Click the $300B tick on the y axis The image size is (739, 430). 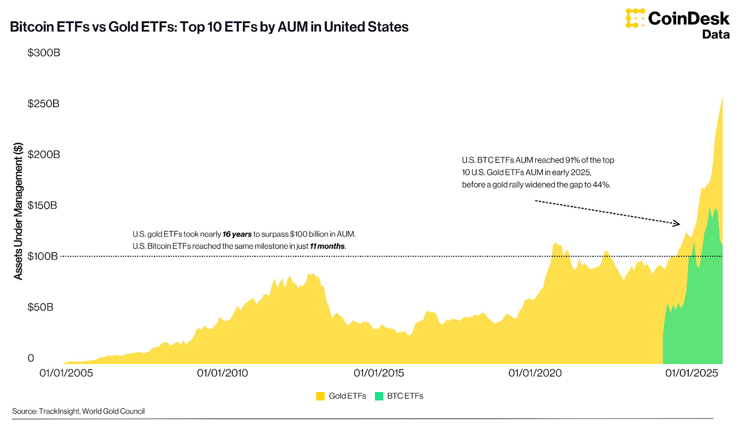pos(44,53)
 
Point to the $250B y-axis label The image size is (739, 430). pos(43,103)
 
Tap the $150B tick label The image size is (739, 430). pos(42,205)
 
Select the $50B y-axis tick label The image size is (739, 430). pos(41,307)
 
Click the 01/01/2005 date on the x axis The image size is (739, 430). pos(66,373)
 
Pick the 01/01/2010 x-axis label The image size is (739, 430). pos(222,373)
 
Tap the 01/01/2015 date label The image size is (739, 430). pos(379,373)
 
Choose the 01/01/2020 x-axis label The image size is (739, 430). pos(535,373)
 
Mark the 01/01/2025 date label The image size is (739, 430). pos(691,373)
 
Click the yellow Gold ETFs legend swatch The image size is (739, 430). pos(320,396)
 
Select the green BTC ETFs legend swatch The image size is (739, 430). pos(379,396)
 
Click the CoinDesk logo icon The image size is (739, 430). pos(635,18)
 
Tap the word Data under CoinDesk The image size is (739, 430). pos(715,35)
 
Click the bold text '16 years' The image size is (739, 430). pos(237,235)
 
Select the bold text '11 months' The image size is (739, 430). pos(327,247)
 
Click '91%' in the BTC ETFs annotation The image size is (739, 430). pos(572,160)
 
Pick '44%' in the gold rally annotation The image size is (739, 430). pos(601,185)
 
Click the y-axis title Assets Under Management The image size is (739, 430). pos(18,211)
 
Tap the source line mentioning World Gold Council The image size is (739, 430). pos(79,411)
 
